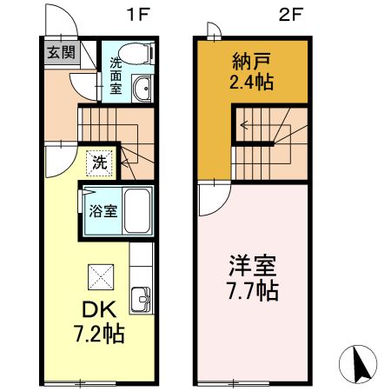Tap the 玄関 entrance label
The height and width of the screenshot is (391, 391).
[60, 52]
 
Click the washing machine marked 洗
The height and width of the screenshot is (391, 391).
[100, 161]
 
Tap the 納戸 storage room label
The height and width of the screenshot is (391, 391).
[249, 62]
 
